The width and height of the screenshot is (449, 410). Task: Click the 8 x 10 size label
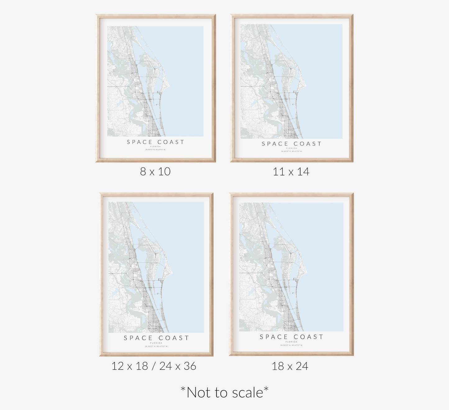click(x=155, y=171)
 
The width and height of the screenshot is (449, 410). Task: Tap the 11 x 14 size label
click(x=291, y=171)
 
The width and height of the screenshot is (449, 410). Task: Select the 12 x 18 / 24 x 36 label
click(x=154, y=366)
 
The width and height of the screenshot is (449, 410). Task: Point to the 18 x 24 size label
click(x=290, y=366)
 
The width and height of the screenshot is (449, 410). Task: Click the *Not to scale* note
click(x=224, y=392)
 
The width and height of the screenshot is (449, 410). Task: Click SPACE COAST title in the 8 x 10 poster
click(x=156, y=142)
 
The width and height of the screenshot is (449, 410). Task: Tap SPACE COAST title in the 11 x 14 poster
click(x=291, y=144)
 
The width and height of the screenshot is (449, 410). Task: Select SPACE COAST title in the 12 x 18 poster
click(x=156, y=338)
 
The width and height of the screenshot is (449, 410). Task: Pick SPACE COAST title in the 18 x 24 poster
click(x=291, y=337)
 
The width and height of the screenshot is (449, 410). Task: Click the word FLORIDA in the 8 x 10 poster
click(x=155, y=147)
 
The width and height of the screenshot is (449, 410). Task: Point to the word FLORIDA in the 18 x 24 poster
click(x=291, y=342)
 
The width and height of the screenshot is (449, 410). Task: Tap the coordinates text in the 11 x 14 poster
click(x=291, y=151)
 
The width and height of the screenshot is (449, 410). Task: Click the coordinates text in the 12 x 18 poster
click(x=156, y=346)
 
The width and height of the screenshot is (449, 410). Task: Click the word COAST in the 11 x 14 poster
click(x=308, y=144)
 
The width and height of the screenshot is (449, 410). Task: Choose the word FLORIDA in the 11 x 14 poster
click(x=291, y=148)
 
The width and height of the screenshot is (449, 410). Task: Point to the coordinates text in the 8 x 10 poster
click(x=155, y=150)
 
